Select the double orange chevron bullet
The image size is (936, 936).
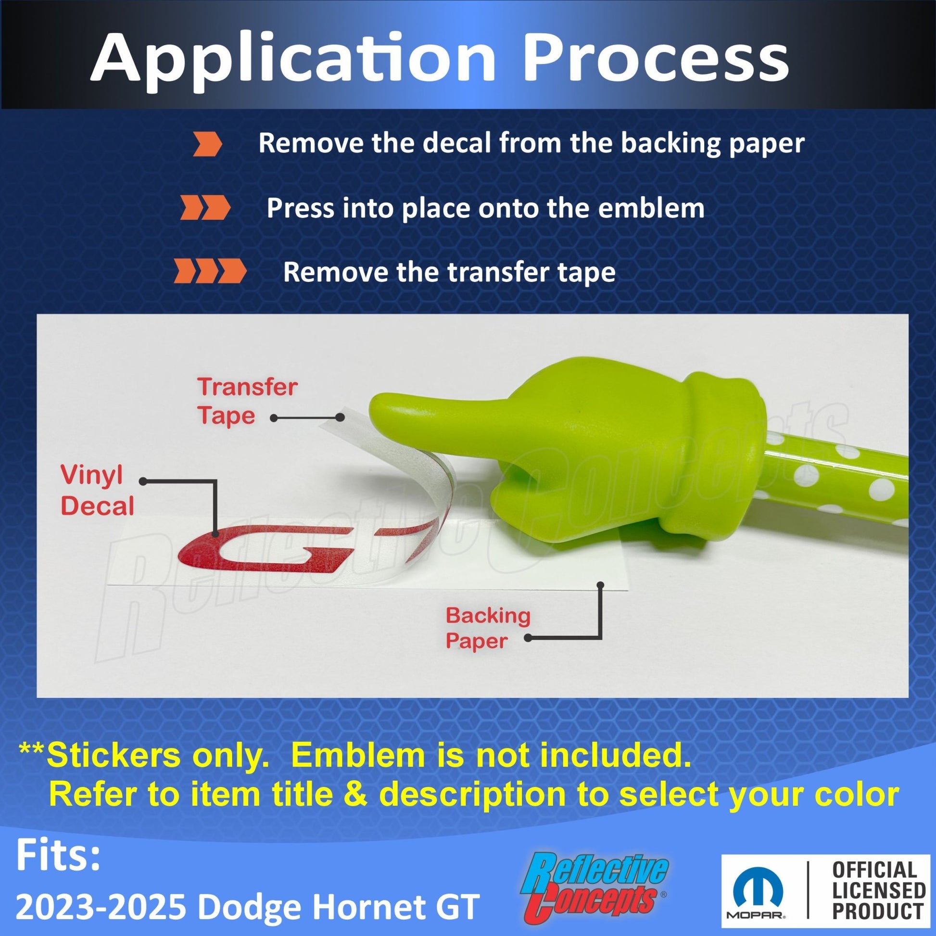[x=205, y=208]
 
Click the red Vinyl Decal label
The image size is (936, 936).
[x=97, y=491]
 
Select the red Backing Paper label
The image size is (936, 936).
[x=488, y=628]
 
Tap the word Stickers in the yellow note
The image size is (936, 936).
[x=114, y=755]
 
